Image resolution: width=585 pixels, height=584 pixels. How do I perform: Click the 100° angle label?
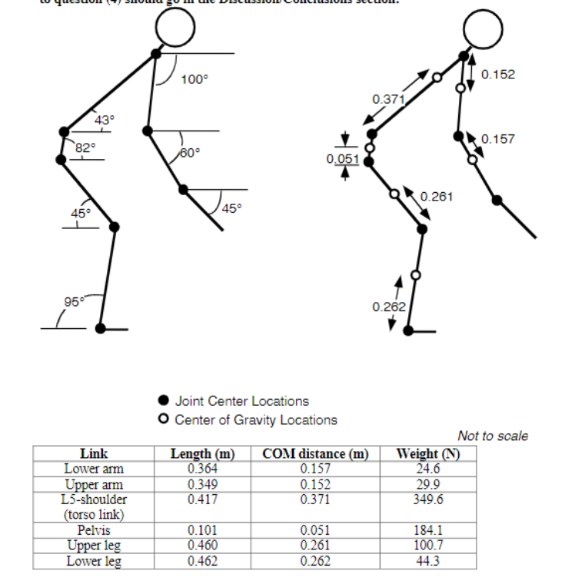(x=194, y=78)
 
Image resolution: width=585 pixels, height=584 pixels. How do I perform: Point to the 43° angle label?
(x=104, y=119)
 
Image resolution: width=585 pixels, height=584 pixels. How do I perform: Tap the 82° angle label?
(x=85, y=147)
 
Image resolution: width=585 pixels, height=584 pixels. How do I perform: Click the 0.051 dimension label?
(x=339, y=158)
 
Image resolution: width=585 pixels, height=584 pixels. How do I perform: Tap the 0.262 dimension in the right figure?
(x=387, y=307)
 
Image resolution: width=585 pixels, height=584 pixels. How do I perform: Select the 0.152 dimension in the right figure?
(x=497, y=75)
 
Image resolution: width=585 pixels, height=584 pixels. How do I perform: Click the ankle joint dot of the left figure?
(x=101, y=329)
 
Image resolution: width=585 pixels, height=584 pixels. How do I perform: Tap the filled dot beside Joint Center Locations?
(x=162, y=400)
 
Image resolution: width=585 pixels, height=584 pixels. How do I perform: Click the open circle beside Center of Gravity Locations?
(x=162, y=420)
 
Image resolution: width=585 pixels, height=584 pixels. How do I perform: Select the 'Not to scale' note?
(x=492, y=436)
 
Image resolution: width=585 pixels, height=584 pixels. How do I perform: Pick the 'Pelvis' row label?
(x=93, y=530)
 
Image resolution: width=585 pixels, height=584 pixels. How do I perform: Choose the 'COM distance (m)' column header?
(x=315, y=453)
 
